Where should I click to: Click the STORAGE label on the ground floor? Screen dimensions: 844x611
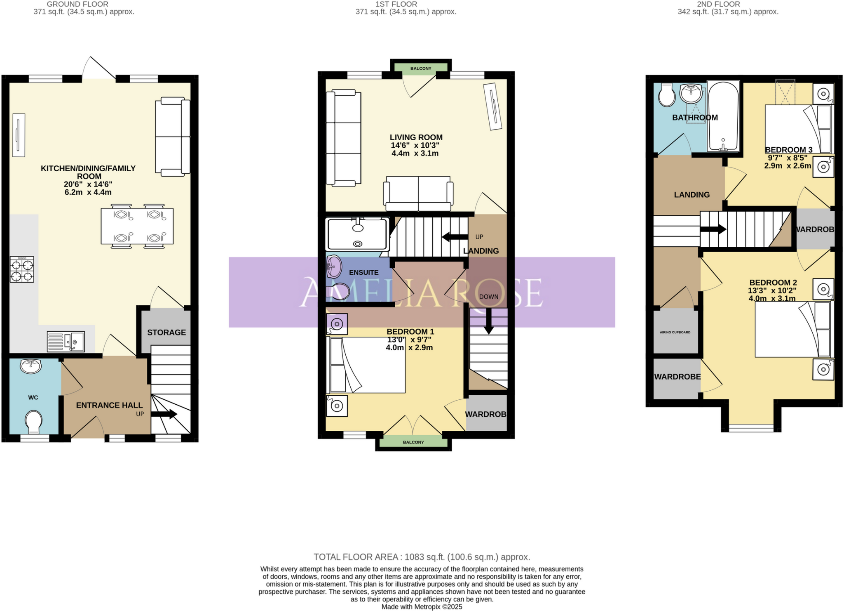coord(166,333)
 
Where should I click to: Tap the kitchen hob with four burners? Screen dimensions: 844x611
coord(22,269)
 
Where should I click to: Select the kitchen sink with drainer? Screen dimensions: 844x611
coord(66,342)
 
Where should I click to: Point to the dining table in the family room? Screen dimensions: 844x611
coord(137,226)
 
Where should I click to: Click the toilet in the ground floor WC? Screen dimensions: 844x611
coord(34,422)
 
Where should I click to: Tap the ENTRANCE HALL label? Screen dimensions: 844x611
coord(109,406)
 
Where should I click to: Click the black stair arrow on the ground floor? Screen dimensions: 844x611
coord(164,414)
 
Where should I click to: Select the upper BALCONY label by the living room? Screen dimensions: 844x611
coord(421,68)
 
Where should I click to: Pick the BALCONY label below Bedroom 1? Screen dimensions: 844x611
coord(413,442)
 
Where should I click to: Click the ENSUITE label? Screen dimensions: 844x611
coord(363,273)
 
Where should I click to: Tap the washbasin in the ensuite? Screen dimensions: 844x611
coord(334,267)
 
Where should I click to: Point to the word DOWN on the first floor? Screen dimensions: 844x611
coord(489,297)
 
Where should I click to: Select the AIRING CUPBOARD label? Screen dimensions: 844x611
coord(675,333)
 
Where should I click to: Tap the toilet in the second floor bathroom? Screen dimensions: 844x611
coord(666,95)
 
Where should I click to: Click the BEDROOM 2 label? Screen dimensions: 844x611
coord(773,283)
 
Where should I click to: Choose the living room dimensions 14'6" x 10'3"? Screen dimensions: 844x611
coord(415,145)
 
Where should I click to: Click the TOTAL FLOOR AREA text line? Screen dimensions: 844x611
coord(422,557)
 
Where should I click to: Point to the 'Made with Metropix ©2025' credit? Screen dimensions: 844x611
coord(422,607)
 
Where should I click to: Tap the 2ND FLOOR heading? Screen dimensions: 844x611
coord(718,4)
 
